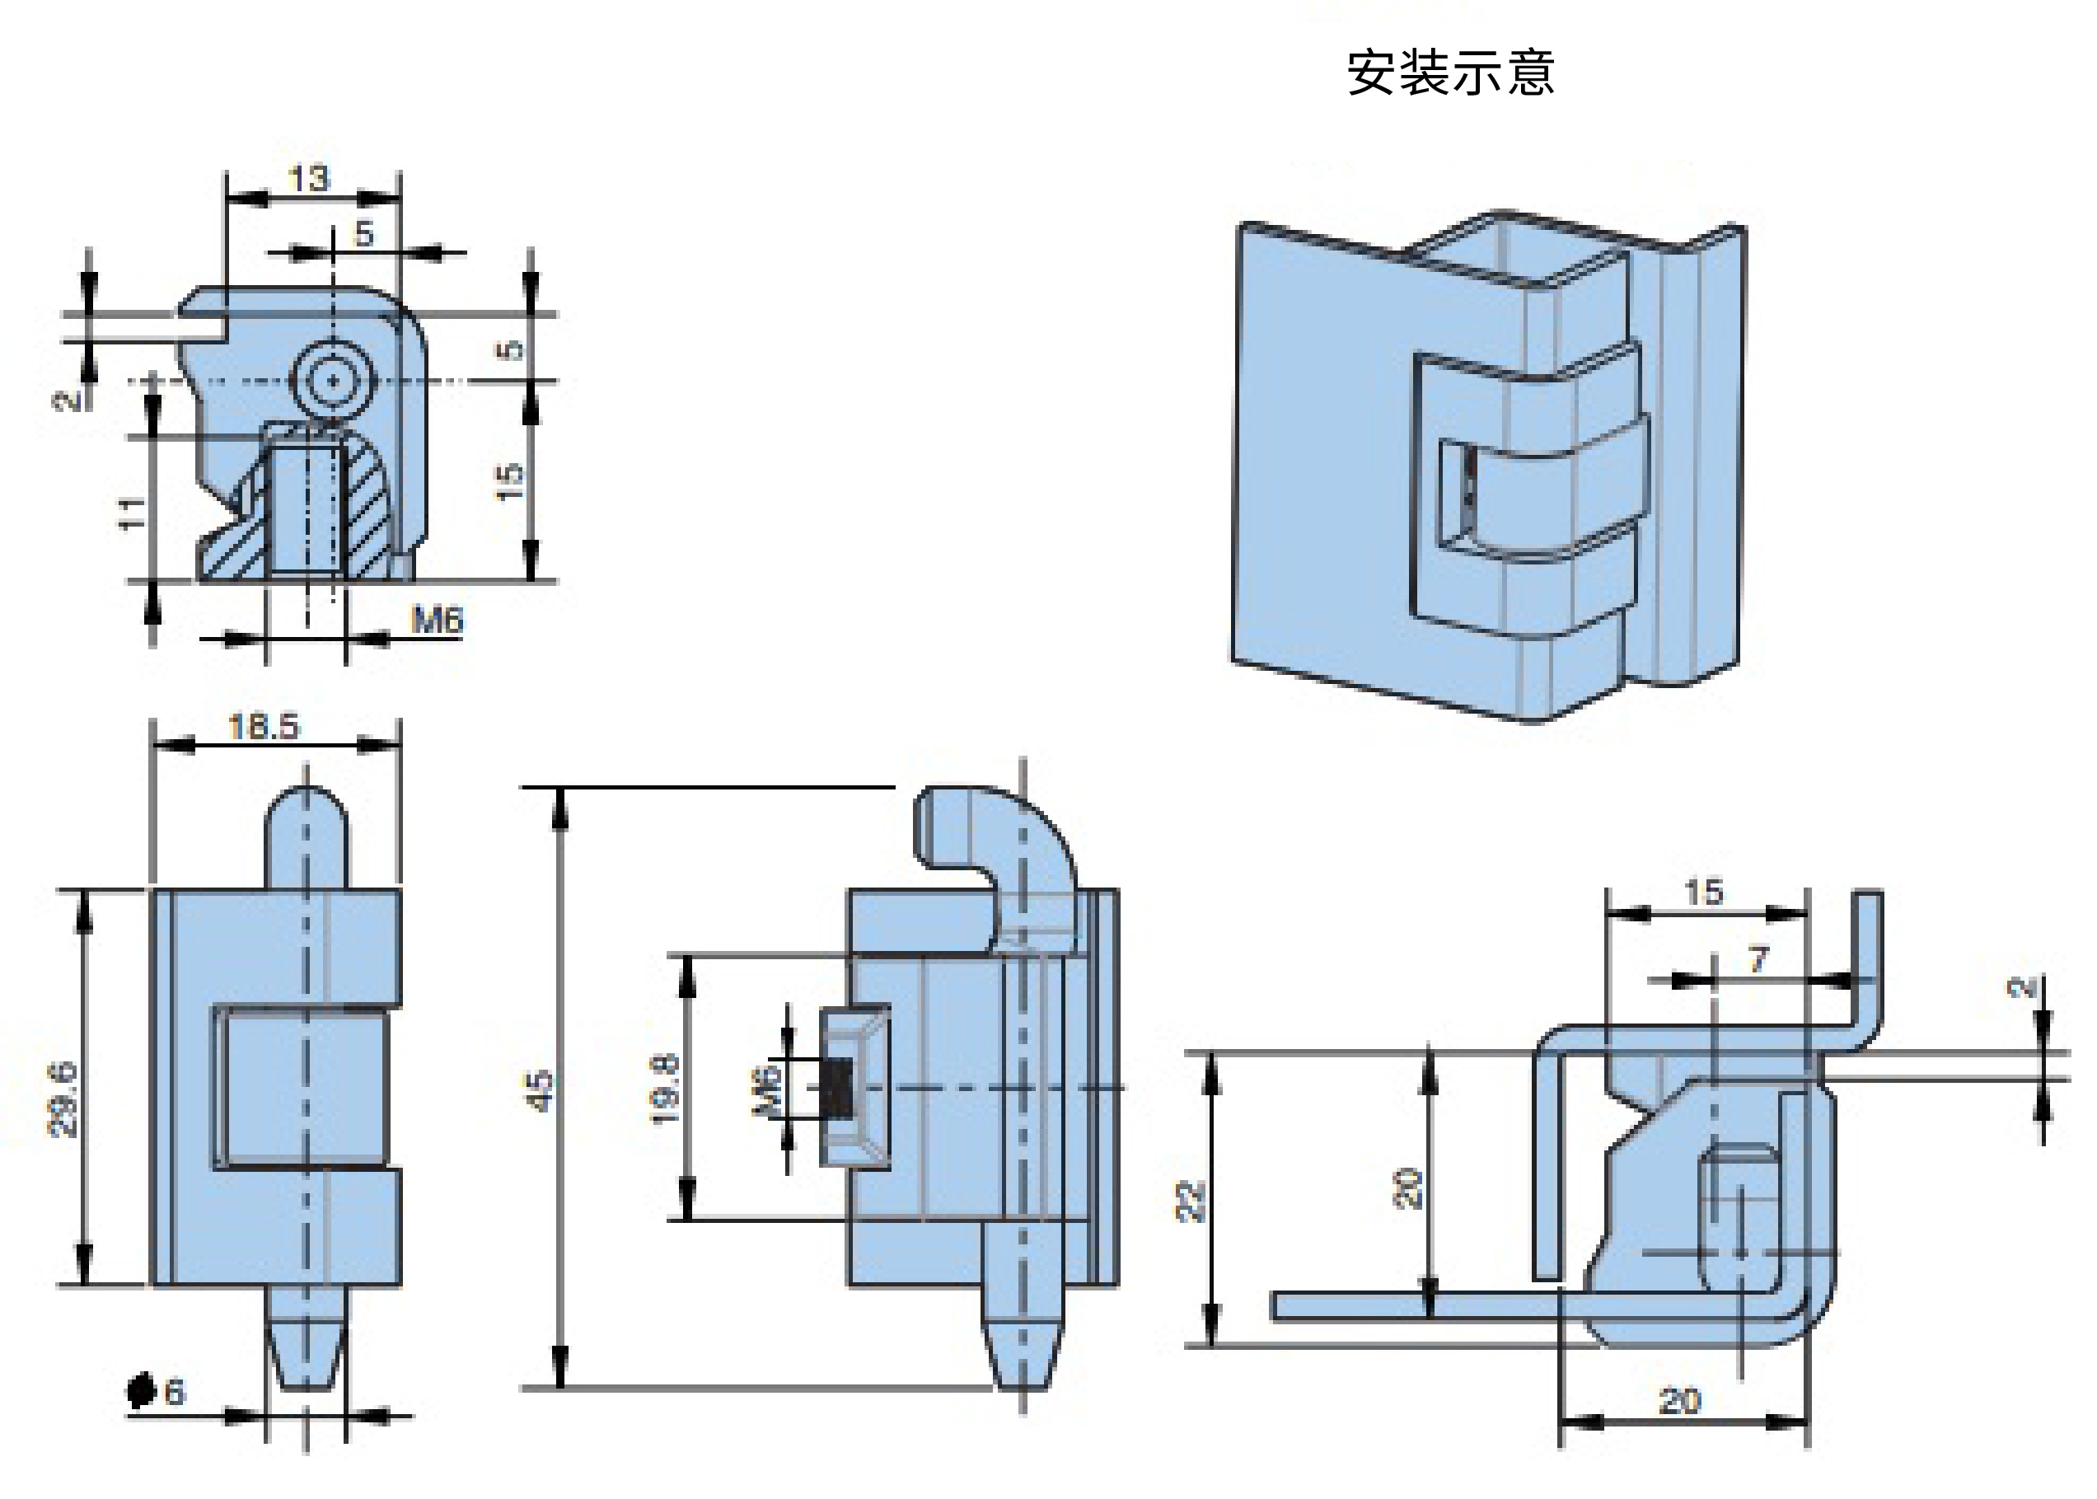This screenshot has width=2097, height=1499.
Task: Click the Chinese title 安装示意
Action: point(1450,73)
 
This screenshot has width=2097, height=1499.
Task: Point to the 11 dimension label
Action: point(132,513)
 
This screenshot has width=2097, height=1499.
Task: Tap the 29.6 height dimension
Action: point(63,1099)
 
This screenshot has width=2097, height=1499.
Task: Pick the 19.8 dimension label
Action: point(665,1089)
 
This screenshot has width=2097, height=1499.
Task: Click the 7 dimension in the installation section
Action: point(1758,960)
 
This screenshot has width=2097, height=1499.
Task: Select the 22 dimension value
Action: point(1191,1201)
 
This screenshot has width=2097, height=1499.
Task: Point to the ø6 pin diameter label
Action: point(156,1391)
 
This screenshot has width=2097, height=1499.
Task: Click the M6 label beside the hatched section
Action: point(437,620)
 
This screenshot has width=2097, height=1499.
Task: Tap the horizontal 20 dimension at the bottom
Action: point(1679,1401)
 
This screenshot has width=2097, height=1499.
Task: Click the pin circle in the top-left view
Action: point(332,380)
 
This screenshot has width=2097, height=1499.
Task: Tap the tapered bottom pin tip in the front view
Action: point(307,1338)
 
